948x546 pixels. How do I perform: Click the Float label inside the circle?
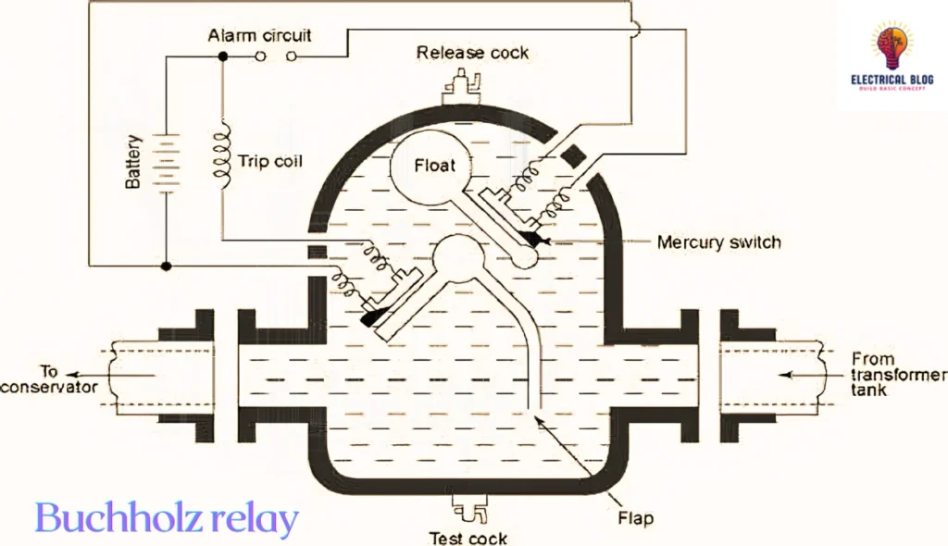435,166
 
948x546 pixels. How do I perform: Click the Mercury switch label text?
718,242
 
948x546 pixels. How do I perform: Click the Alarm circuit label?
259,36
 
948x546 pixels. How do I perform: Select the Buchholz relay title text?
167,519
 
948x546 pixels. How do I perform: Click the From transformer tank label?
888,375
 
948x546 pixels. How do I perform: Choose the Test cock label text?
468,538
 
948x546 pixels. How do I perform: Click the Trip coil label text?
270,161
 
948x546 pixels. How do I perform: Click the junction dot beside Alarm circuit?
222,57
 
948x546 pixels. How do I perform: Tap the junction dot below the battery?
166,267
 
